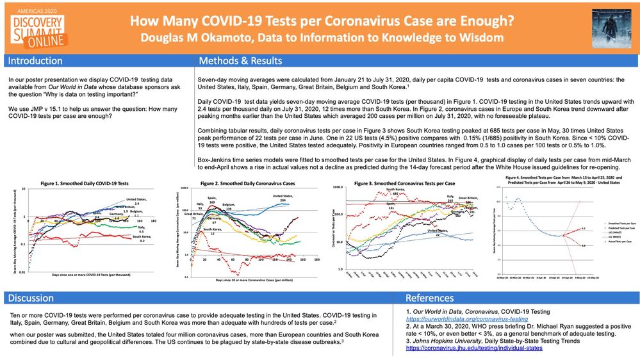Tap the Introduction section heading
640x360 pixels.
[x=35, y=61]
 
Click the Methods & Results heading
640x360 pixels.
[x=240, y=61]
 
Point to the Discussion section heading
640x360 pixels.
[x=30, y=298]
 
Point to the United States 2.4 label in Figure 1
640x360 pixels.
[x=136, y=201]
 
